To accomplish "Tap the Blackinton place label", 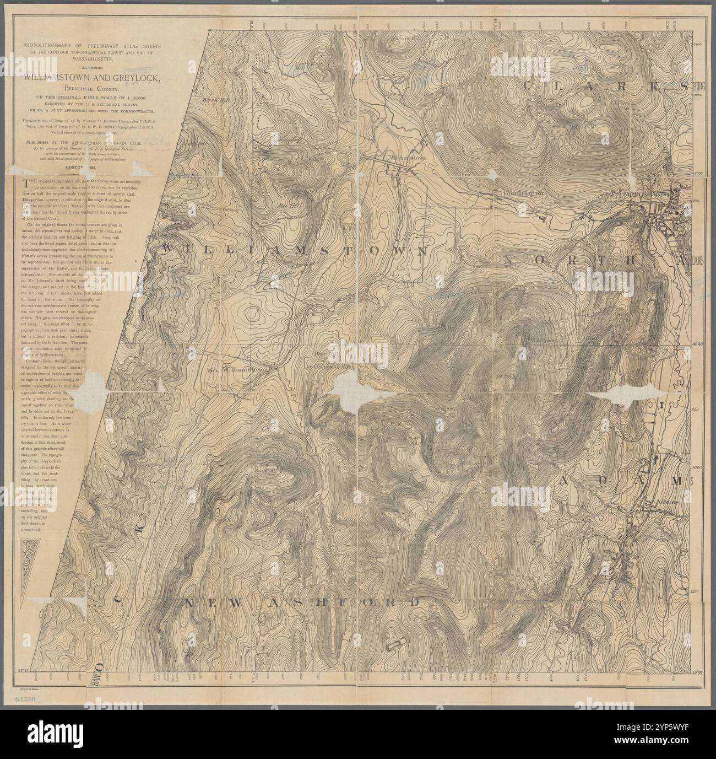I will [x=523, y=193].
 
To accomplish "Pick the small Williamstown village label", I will [x=408, y=158].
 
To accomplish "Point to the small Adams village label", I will [x=670, y=503].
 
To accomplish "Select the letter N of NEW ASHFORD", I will [x=188, y=604].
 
